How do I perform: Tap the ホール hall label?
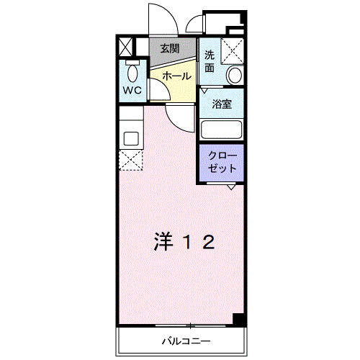click(176, 76)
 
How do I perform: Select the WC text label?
click(132, 90)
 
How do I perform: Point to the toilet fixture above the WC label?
click(132, 72)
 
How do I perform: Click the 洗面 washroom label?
click(210, 61)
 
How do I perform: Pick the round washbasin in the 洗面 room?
click(235, 76)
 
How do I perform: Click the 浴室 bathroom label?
click(221, 104)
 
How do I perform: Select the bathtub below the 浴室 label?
click(221, 130)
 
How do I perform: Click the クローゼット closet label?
click(221, 162)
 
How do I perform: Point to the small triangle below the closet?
click(230, 187)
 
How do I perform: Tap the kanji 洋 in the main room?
click(163, 242)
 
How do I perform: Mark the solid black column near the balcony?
click(238, 319)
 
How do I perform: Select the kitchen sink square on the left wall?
click(132, 138)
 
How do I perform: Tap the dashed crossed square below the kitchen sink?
click(132, 160)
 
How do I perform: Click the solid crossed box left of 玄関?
click(125, 48)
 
